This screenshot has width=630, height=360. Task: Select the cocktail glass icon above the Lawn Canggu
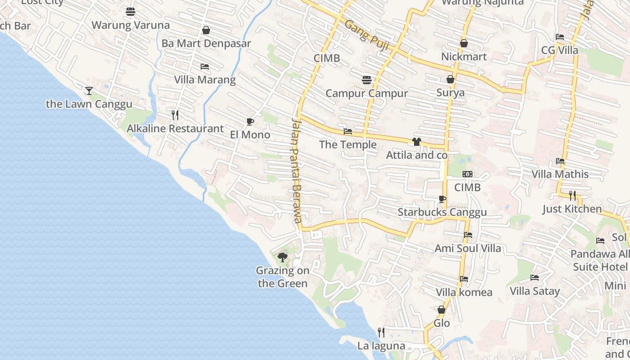click(89, 91)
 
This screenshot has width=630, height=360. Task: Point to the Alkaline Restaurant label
click(175, 129)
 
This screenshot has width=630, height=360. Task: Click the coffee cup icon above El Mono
click(250, 121)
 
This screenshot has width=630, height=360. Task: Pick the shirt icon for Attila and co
click(416, 142)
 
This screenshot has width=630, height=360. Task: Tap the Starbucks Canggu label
click(442, 212)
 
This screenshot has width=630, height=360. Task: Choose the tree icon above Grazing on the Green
click(283, 257)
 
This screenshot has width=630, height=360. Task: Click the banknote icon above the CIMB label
click(468, 174)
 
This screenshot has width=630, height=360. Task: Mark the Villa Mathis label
click(560, 174)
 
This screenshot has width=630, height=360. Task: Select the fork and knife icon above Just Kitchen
click(572, 195)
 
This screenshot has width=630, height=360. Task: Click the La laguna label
click(381, 346)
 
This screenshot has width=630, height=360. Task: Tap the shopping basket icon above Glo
click(441, 310)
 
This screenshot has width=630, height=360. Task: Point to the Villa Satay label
click(535, 291)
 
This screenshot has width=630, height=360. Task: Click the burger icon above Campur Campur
click(367, 80)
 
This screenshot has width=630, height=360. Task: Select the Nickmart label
click(464, 57)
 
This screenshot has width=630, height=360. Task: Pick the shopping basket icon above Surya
click(450, 79)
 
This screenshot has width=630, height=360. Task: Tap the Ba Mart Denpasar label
click(206, 44)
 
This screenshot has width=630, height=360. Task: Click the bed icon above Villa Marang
click(205, 67)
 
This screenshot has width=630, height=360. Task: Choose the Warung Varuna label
click(130, 25)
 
